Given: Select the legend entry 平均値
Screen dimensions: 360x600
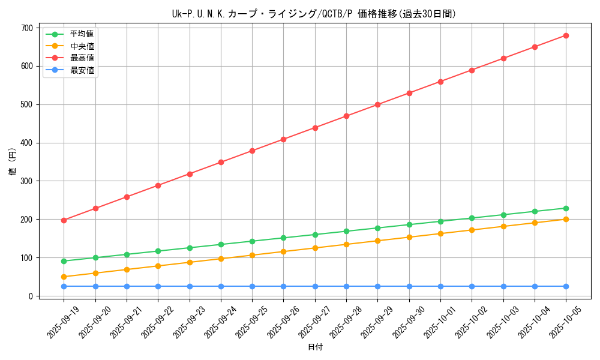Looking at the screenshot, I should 82,34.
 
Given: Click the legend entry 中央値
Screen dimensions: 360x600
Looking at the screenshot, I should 82,46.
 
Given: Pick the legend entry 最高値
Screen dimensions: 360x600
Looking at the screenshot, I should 82,58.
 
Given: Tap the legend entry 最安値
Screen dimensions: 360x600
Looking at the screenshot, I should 82,70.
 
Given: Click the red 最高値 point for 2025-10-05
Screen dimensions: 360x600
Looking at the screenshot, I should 566,35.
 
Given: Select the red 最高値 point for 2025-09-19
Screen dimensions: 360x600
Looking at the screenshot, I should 64,220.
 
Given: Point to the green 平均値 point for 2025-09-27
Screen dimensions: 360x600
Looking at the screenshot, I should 315,235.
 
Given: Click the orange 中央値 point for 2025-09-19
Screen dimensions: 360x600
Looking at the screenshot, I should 64,277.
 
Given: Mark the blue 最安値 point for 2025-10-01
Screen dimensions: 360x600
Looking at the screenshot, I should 440,286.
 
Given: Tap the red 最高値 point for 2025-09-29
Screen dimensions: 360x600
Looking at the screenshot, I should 377,104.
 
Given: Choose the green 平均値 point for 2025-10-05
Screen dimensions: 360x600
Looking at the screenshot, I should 566,208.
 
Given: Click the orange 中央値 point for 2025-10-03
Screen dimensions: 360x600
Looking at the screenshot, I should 503,226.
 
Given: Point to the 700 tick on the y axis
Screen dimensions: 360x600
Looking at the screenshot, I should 26,28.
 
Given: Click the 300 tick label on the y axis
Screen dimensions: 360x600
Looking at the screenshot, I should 26,181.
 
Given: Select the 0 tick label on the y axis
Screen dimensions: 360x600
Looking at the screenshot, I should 30,296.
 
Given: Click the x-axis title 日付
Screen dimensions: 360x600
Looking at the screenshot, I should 315,347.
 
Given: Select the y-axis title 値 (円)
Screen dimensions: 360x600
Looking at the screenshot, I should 13,162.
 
